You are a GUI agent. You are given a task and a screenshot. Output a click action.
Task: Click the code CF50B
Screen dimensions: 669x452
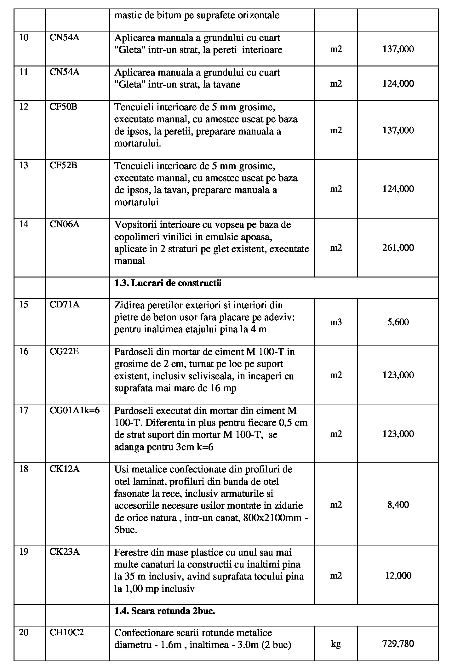coord(63,107)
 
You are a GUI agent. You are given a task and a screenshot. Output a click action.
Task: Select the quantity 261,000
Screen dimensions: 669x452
coord(398,248)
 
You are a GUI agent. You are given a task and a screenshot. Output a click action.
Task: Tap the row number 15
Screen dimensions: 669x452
coord(24,305)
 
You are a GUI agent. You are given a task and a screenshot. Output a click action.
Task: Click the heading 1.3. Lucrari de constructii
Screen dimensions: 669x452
coord(168,283)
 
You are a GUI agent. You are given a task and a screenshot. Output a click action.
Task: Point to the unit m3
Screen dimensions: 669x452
coord(336,322)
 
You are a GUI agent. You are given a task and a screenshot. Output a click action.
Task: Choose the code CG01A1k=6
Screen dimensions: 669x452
coord(75,410)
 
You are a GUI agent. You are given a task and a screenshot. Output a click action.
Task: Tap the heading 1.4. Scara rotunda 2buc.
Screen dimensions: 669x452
coord(165,611)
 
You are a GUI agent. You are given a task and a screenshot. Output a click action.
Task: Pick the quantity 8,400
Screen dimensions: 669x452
coord(398,505)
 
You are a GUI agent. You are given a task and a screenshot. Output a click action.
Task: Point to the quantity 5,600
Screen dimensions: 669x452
coord(398,322)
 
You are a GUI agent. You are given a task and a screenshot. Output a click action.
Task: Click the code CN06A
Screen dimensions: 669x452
coord(65,224)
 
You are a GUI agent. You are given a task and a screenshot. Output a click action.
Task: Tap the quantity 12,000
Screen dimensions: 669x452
coord(398,575)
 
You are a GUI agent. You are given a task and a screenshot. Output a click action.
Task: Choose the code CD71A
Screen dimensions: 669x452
coord(65,305)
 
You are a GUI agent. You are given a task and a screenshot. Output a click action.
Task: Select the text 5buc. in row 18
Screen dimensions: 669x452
coord(126,530)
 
